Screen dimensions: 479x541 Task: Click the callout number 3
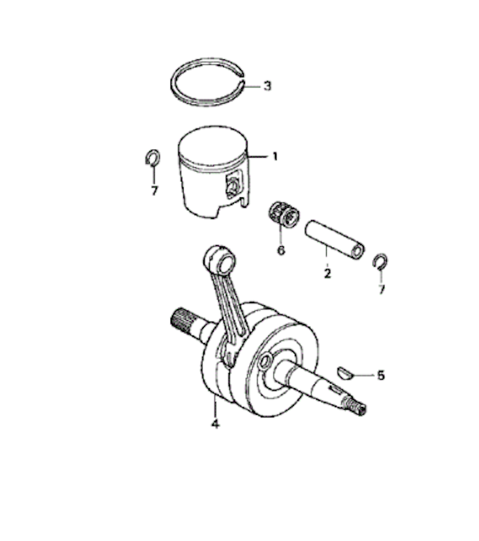click(267, 86)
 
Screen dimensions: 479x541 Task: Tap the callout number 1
click(275, 157)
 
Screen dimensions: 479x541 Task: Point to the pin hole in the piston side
click(233, 187)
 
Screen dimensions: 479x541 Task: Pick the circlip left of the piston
click(147, 157)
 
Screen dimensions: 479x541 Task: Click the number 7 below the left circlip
click(154, 190)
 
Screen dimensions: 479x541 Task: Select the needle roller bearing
click(284, 214)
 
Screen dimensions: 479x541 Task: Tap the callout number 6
click(281, 250)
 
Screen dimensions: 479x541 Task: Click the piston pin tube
click(335, 239)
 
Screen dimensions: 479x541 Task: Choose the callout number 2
click(327, 273)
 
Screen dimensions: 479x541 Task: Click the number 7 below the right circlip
click(381, 289)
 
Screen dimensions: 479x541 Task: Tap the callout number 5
click(380, 375)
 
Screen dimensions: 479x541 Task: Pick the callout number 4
click(216, 423)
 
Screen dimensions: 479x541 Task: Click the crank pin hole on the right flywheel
click(266, 361)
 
